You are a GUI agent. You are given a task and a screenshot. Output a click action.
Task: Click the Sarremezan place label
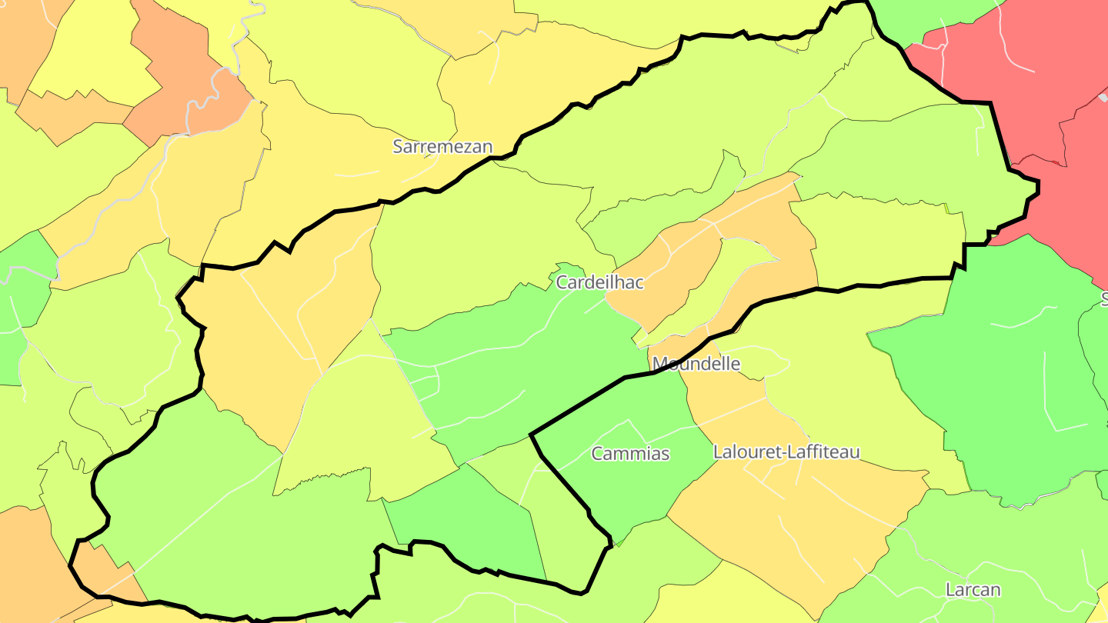pos(442,146)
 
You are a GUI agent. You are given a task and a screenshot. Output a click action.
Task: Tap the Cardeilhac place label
pos(599,282)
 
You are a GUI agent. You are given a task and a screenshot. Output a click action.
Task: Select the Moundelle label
pos(696,364)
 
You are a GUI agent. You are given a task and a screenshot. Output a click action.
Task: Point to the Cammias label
pos(630,454)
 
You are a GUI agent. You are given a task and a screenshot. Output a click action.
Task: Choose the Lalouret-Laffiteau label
pos(786,451)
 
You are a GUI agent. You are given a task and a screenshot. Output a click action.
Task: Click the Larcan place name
pos(973,590)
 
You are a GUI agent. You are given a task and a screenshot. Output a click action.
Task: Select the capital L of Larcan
pos(949,590)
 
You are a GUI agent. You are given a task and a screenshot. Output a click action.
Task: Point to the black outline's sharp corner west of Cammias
pos(531,435)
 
